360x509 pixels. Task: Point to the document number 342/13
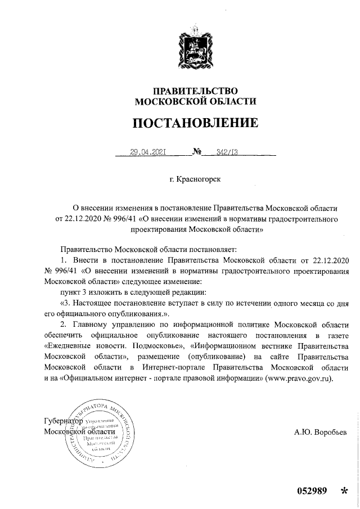coord(219,151)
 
